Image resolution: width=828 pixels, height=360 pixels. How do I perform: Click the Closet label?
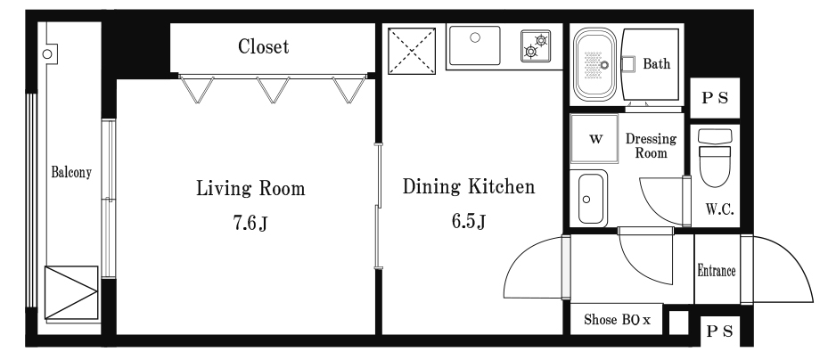pyautogui.click(x=264, y=46)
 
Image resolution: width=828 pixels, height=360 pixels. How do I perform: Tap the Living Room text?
pyautogui.click(x=250, y=188)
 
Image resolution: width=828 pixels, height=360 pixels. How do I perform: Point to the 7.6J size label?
pyautogui.click(x=250, y=224)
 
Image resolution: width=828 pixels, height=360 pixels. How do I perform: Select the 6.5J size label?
pyautogui.click(x=469, y=221)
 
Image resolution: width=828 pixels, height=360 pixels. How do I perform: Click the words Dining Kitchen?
pyautogui.click(x=469, y=186)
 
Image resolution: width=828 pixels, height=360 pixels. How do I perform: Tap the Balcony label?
pyautogui.click(x=71, y=172)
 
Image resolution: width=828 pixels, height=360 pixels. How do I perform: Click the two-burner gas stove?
pyautogui.click(x=536, y=46)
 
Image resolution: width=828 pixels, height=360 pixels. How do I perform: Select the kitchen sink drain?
pyautogui.click(x=475, y=37)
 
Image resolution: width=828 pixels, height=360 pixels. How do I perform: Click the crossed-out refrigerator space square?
pyautogui.click(x=412, y=51)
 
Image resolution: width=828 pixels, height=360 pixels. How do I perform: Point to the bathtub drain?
pyautogui.click(x=604, y=65)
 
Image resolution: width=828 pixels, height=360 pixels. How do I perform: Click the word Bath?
pyautogui.click(x=656, y=64)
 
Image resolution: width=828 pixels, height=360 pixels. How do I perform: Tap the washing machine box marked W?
pyautogui.click(x=594, y=139)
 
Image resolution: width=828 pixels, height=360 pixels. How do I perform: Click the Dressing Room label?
pyautogui.click(x=652, y=145)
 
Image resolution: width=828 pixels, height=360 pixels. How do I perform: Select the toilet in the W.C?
pyautogui.click(x=715, y=158)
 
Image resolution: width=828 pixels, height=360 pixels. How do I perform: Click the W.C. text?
pyautogui.click(x=719, y=209)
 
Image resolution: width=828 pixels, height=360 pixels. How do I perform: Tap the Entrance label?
pyautogui.click(x=717, y=271)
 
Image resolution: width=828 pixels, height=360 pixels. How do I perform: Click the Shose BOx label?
pyautogui.click(x=617, y=319)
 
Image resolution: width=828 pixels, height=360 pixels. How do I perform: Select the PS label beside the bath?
pyautogui.click(x=715, y=98)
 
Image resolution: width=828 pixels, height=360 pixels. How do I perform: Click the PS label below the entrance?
pyautogui.click(x=720, y=331)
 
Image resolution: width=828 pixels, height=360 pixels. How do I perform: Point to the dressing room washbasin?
pyautogui.click(x=590, y=198)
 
